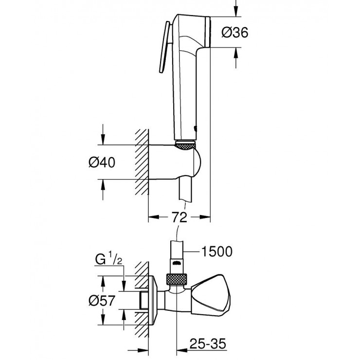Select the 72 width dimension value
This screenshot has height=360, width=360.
tap(180, 217)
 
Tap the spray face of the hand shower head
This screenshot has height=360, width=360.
tap(210, 32)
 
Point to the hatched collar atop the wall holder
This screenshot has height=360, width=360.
tap(185, 144)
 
